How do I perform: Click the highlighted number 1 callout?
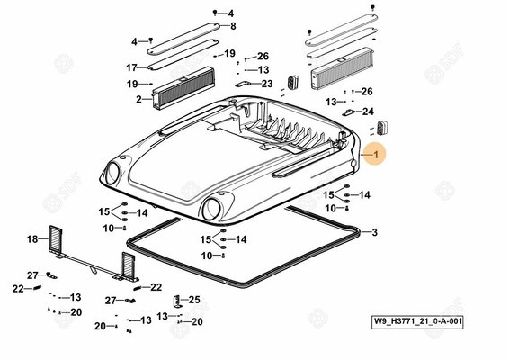click(376, 155)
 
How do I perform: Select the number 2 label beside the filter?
click(138, 99)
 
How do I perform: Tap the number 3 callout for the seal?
click(375, 232)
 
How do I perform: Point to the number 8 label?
click(233, 26)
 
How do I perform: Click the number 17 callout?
click(131, 67)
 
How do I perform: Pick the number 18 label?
click(32, 239)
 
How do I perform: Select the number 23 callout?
click(267, 84)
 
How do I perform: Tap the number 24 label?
click(368, 112)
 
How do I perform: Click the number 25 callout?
click(194, 300)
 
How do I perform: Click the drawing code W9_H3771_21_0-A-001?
click(417, 321)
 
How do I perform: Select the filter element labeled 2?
click(183, 88)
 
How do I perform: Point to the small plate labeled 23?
click(243, 84)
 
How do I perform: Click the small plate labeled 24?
click(349, 112)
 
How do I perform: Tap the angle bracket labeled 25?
click(176, 302)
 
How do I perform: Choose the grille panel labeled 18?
click(55, 238)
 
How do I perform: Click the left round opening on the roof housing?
click(112, 173)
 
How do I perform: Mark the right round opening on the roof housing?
click(211, 209)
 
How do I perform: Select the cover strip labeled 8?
click(183, 39)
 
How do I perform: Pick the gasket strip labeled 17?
click(183, 54)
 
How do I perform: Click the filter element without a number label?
click(342, 68)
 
